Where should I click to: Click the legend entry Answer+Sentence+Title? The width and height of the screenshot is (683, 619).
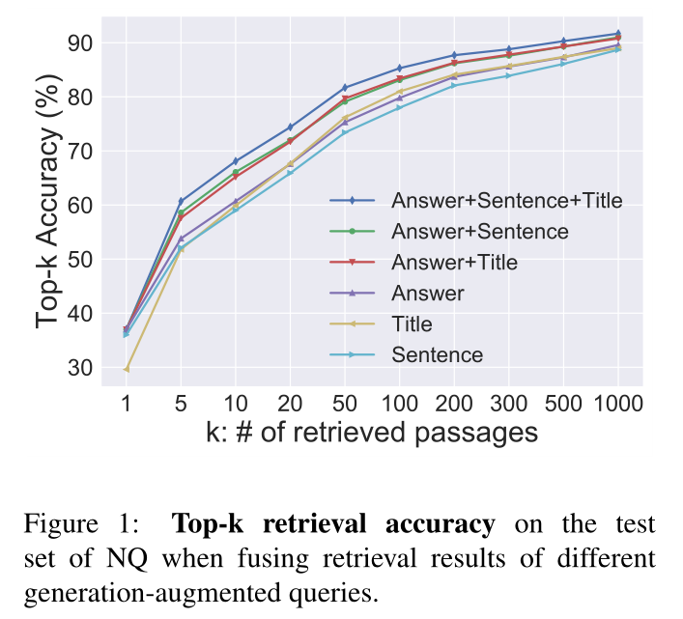click(506, 201)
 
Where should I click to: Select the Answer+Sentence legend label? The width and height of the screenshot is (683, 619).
click(479, 232)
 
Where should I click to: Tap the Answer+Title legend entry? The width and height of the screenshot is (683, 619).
click(454, 263)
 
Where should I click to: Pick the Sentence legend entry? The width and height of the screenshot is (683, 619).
click(437, 355)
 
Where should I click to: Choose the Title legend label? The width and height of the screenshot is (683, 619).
click(412, 324)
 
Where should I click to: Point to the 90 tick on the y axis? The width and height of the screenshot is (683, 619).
click(80, 43)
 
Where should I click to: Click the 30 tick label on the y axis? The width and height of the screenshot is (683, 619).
click(80, 368)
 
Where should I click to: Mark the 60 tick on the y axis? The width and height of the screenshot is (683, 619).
click(80, 206)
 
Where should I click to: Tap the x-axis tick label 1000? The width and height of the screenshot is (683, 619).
click(617, 402)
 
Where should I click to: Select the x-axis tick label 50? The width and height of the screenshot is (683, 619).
click(345, 402)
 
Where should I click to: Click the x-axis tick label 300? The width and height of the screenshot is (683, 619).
click(508, 402)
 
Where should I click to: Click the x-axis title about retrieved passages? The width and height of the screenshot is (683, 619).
click(372, 432)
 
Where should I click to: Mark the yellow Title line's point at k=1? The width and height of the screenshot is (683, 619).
click(127, 368)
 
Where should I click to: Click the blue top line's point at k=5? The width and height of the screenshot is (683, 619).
click(181, 201)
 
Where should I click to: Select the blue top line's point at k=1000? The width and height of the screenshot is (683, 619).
click(617, 34)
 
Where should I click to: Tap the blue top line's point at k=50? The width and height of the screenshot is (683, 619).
click(345, 88)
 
